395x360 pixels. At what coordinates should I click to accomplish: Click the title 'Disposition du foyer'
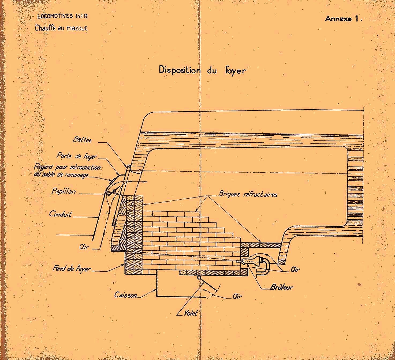tap(202, 70)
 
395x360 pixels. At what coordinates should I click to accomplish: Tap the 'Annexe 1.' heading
tap(344, 19)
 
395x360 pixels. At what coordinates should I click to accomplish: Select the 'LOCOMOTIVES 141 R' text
tap(62, 16)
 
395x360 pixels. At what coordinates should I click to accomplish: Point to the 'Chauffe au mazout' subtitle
tap(61, 28)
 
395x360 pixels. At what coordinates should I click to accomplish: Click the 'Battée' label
tap(82, 140)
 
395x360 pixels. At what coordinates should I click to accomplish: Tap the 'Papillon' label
tap(64, 191)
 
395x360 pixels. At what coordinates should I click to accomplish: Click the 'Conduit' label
tap(61, 214)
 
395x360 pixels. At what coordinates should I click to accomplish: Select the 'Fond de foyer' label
tap(72, 268)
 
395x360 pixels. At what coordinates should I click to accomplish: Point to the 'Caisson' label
tap(126, 295)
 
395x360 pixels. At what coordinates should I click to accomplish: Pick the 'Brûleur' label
tap(281, 287)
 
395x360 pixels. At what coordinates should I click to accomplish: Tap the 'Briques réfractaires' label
tap(248, 194)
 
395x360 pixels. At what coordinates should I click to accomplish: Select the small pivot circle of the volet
tap(199, 278)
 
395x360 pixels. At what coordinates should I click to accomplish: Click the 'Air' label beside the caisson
tap(237, 296)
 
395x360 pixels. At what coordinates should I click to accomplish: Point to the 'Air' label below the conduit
tap(84, 247)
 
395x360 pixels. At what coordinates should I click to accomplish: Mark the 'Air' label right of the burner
tap(295, 269)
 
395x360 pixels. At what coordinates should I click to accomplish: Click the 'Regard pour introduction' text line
tap(68, 167)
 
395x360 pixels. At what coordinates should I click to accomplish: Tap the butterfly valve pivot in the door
tap(114, 191)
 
